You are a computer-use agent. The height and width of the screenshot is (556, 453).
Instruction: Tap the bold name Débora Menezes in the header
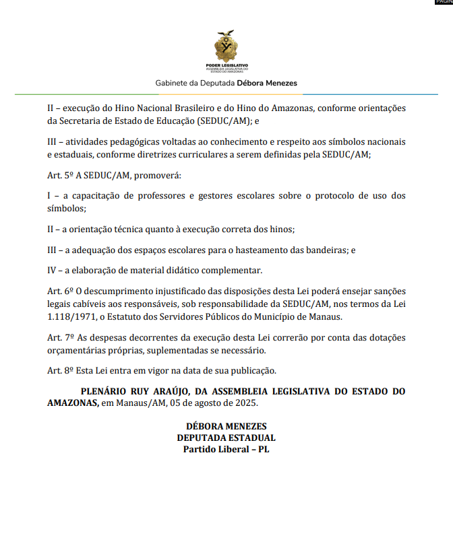tap(266, 83)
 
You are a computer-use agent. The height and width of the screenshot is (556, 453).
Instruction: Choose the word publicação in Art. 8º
tap(250, 370)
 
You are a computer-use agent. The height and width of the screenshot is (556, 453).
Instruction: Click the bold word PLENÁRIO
tap(107, 391)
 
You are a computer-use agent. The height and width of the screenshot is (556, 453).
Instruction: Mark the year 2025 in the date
tap(246, 403)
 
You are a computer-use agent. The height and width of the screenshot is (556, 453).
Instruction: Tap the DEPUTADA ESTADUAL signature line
tap(227, 438)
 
